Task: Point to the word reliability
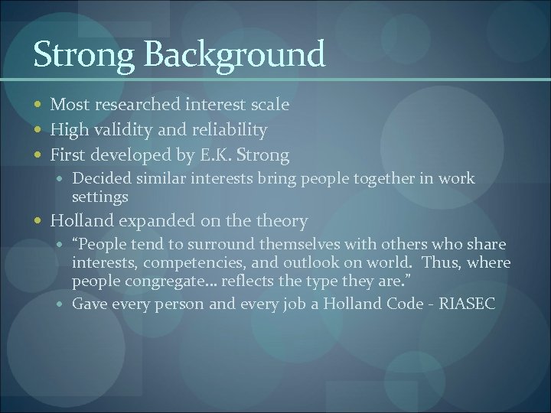229,129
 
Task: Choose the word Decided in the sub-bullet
98,179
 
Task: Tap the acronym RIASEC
468,304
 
